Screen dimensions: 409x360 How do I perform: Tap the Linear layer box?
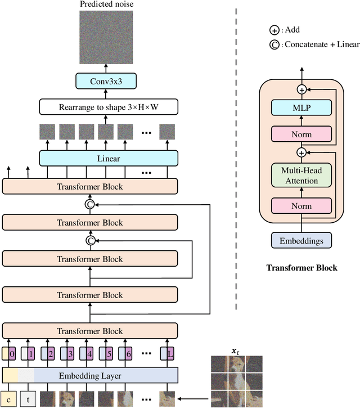tap(109, 159)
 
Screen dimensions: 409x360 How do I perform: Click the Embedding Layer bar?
tap(90, 375)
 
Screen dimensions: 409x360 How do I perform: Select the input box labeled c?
tap(9, 399)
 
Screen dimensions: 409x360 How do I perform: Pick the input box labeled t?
tap(28, 399)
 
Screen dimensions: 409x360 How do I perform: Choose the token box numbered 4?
tap(88, 354)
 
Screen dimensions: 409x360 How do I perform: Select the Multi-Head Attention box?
tap(300, 175)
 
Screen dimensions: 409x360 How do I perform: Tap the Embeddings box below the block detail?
tap(301, 240)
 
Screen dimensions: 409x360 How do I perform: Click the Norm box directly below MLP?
tap(300, 134)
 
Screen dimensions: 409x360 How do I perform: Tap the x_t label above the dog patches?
tap(236, 352)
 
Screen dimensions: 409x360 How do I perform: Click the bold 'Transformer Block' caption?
tap(301, 268)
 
